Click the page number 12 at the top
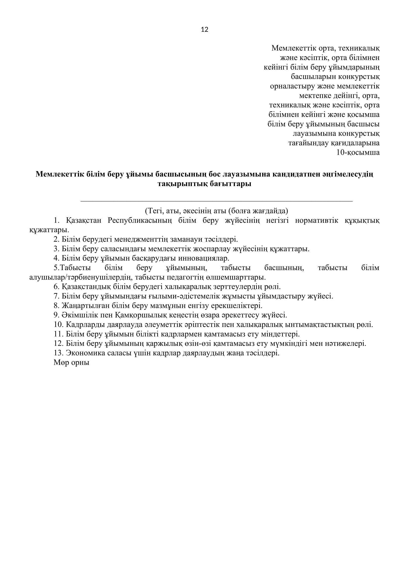pos(204,30)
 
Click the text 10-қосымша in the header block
pos(358,152)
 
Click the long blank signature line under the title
pos(217,201)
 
